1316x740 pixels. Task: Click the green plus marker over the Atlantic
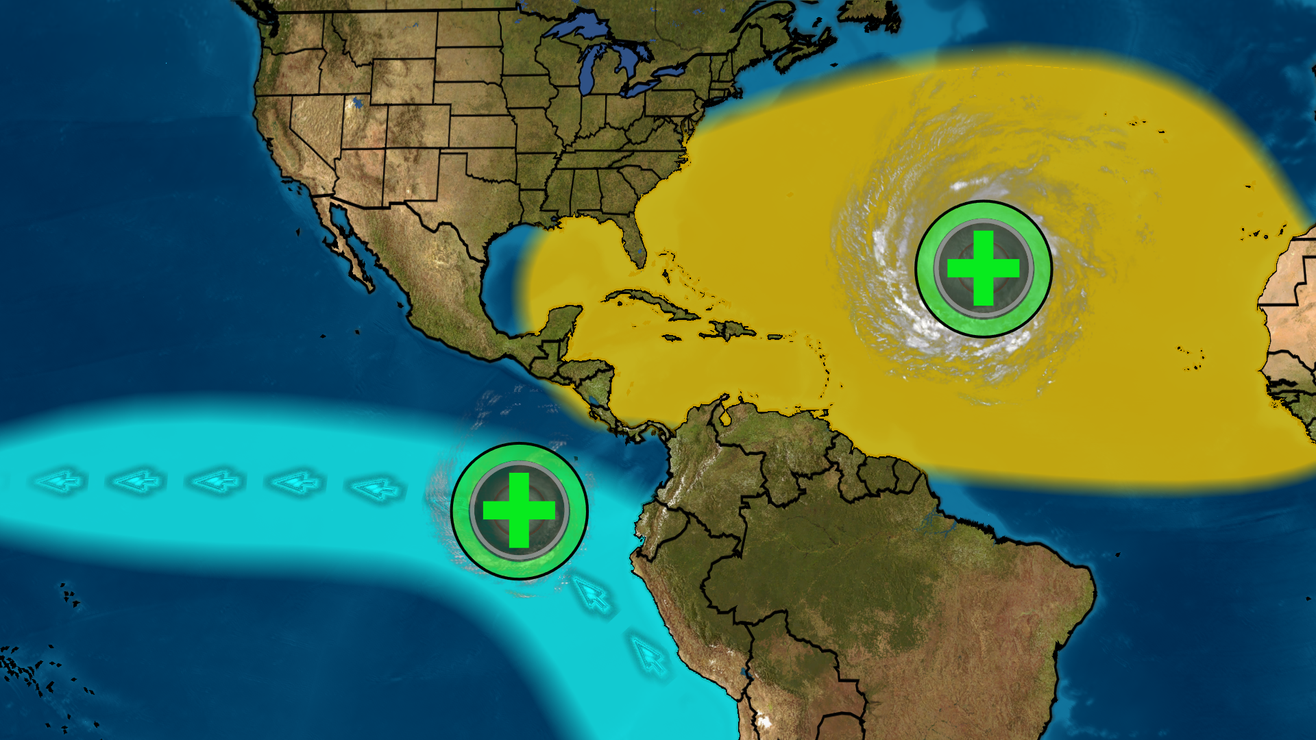click(x=984, y=269)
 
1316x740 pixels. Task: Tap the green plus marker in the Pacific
click(x=520, y=510)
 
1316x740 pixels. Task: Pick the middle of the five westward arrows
click(x=218, y=482)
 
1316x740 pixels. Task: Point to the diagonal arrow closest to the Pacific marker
click(x=592, y=594)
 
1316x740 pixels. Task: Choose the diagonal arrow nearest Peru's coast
click(x=648, y=655)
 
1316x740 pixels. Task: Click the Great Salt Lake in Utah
click(x=356, y=104)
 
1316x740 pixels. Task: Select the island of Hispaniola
click(x=730, y=330)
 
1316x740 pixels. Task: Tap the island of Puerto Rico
click(x=775, y=336)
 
